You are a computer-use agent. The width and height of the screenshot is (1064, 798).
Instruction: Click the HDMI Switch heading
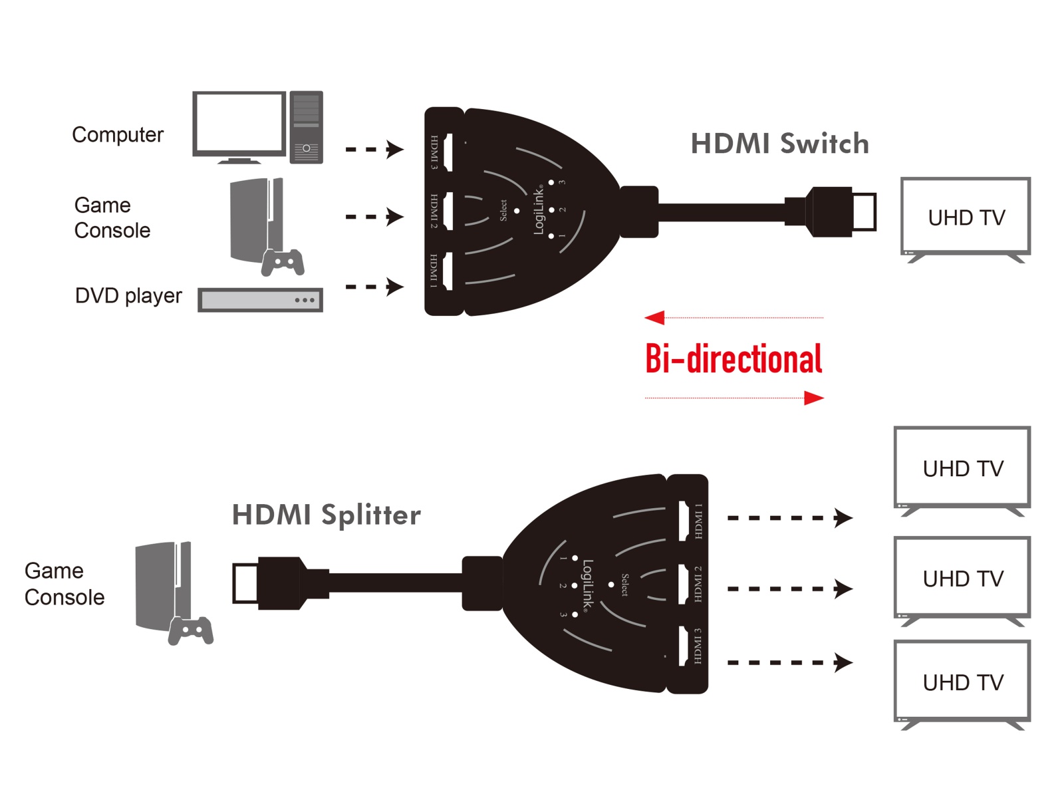coord(779,144)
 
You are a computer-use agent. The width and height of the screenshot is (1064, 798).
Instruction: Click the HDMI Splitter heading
coord(326,515)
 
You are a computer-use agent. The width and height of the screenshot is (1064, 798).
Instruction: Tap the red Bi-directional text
coord(733,359)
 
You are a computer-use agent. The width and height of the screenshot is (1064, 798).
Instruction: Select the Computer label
coord(117,134)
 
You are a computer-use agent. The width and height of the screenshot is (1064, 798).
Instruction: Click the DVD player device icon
coord(260,300)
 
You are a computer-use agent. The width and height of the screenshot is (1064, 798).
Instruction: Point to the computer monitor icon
coord(239,126)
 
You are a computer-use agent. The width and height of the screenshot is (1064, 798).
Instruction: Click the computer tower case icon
coord(306,127)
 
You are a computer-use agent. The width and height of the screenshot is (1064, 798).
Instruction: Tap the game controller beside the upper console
coord(283,262)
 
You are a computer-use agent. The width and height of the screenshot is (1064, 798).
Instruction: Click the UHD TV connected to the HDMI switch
coord(965,217)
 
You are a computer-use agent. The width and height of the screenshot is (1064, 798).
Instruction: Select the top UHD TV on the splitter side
coord(962,469)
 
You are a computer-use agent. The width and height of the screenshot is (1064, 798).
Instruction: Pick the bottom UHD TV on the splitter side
coord(962,683)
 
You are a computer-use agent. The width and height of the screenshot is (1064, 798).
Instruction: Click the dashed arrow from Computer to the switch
coord(374,149)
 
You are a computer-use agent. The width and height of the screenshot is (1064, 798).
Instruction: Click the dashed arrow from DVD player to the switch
coord(374,287)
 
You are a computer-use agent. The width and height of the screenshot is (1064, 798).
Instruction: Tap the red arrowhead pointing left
coord(655,318)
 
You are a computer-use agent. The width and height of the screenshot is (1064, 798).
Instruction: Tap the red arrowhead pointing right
coord(813,398)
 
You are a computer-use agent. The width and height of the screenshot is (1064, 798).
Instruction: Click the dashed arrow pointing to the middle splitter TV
coord(789,589)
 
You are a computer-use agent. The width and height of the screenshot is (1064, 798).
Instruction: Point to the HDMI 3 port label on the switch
coord(434,152)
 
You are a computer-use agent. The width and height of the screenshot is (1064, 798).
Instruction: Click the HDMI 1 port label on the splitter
coord(698,521)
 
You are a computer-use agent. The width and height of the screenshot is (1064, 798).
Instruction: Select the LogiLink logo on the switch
coord(539,210)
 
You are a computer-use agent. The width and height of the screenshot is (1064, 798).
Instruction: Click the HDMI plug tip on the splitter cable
coord(245,583)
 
